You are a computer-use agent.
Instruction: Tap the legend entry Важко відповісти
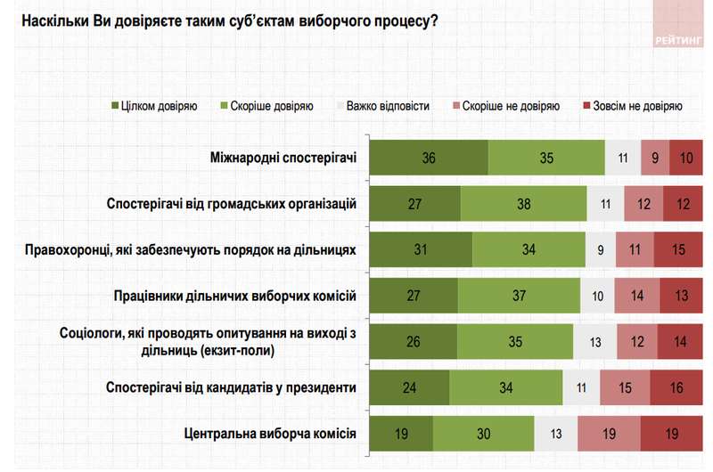[388, 106]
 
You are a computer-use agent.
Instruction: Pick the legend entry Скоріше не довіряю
[509, 106]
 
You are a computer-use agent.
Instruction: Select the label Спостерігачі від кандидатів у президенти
[231, 387]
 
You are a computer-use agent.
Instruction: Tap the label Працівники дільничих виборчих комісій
[235, 295]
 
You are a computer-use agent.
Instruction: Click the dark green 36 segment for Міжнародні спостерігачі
[429, 159]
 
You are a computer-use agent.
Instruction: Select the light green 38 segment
[523, 204]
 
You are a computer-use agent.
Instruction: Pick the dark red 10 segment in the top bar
[685, 159]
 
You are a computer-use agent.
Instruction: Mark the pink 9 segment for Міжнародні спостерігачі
[655, 159]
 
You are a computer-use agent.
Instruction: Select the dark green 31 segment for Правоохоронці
[421, 250]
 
